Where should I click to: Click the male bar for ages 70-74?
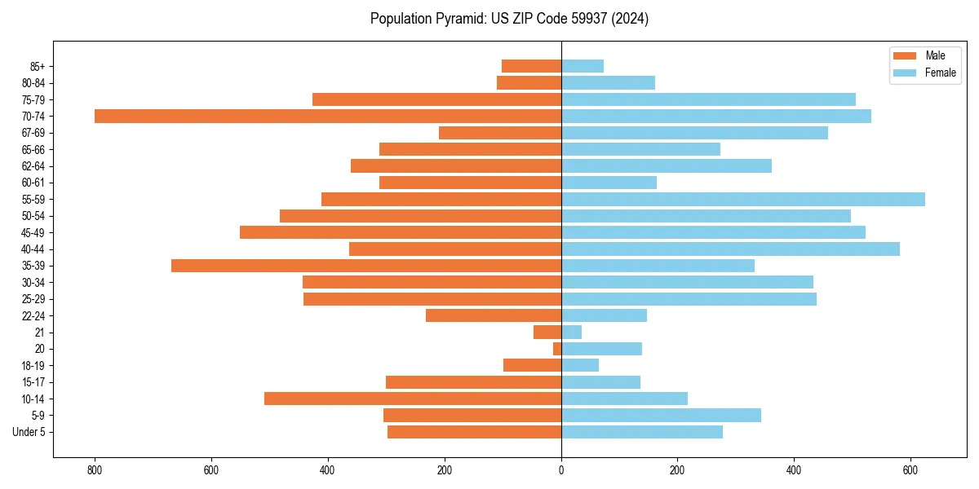click(x=328, y=116)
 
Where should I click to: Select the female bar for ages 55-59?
click(x=742, y=199)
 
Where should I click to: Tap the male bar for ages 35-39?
click(x=366, y=266)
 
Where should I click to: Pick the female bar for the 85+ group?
click(x=583, y=66)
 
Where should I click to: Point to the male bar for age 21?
click(x=547, y=332)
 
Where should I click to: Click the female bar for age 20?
click(x=601, y=349)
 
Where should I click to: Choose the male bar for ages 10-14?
click(x=413, y=399)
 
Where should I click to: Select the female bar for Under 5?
click(x=642, y=432)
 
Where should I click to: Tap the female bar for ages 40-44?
click(x=730, y=249)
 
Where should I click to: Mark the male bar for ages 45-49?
click(x=401, y=232)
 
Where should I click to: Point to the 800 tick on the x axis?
click(x=95, y=471)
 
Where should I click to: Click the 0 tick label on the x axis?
click(x=561, y=471)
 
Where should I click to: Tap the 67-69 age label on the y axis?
click(x=33, y=133)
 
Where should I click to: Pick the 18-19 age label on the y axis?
click(x=33, y=365)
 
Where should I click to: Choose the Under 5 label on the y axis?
click(x=29, y=432)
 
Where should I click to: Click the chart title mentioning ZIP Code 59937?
click(x=509, y=19)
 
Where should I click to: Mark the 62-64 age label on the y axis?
click(x=33, y=165)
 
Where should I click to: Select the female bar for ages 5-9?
click(x=661, y=415)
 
